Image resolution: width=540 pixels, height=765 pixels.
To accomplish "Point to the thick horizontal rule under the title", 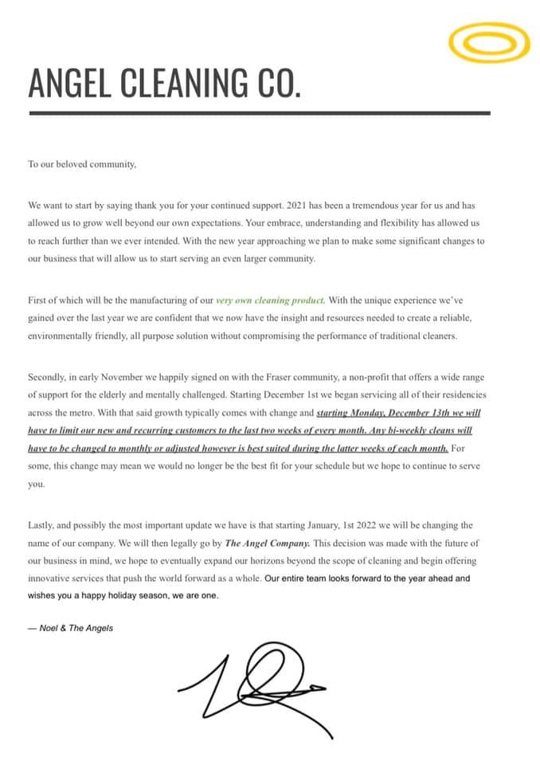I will tap(259, 113).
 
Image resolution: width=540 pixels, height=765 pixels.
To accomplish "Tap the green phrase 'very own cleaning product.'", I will tap(270, 300).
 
